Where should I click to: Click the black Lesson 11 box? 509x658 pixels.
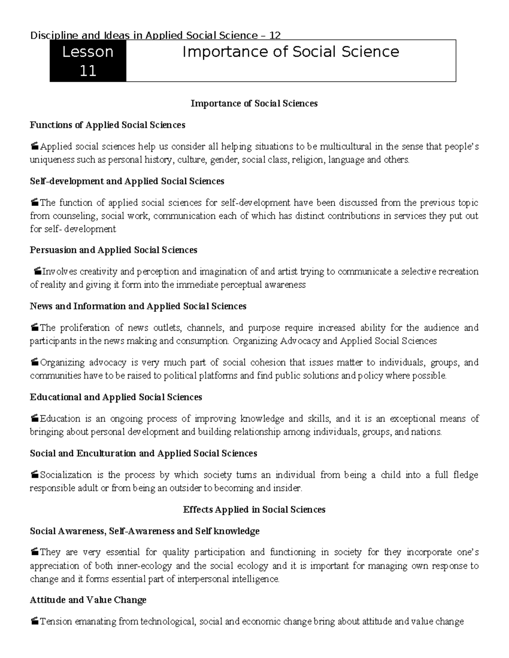click(x=88, y=61)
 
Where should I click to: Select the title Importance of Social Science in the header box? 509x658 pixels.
click(x=291, y=52)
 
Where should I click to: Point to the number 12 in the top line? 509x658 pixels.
click(x=275, y=35)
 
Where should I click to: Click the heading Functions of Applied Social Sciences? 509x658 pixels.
click(x=107, y=125)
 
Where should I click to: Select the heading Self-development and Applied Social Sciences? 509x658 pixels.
click(x=127, y=181)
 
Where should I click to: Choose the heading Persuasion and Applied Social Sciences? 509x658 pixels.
click(x=113, y=250)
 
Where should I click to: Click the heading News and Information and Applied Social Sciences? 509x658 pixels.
click(x=138, y=306)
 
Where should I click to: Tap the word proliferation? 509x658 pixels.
click(x=86, y=328)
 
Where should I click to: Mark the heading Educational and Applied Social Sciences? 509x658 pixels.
click(x=116, y=397)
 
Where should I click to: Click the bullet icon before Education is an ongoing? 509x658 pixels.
click(x=35, y=419)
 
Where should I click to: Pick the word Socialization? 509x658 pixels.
click(x=66, y=475)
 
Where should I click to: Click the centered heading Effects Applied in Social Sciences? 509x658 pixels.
click(x=254, y=509)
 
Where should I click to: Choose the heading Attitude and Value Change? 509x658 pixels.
click(x=88, y=600)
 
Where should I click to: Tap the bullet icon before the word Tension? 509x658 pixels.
click(x=35, y=622)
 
